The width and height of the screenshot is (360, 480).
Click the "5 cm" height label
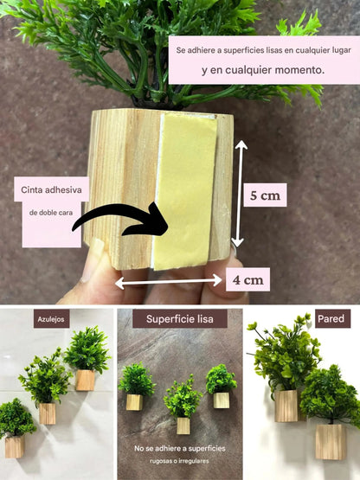(x=265, y=195)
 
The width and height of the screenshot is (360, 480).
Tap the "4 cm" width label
(x=247, y=279)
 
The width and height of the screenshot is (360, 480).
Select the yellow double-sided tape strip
(x=190, y=189)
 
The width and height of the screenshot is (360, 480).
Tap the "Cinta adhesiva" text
(x=50, y=192)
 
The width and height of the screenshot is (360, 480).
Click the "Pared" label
(x=331, y=318)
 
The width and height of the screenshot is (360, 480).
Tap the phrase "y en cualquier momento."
(x=263, y=71)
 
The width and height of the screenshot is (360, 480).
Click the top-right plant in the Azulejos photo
(x=87, y=350)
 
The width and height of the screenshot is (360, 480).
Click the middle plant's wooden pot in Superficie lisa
(x=183, y=425)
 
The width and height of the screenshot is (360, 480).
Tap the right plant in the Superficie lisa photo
(x=221, y=379)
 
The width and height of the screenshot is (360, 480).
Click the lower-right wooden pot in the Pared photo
(x=330, y=439)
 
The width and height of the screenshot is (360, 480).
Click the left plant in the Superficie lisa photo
(x=136, y=379)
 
